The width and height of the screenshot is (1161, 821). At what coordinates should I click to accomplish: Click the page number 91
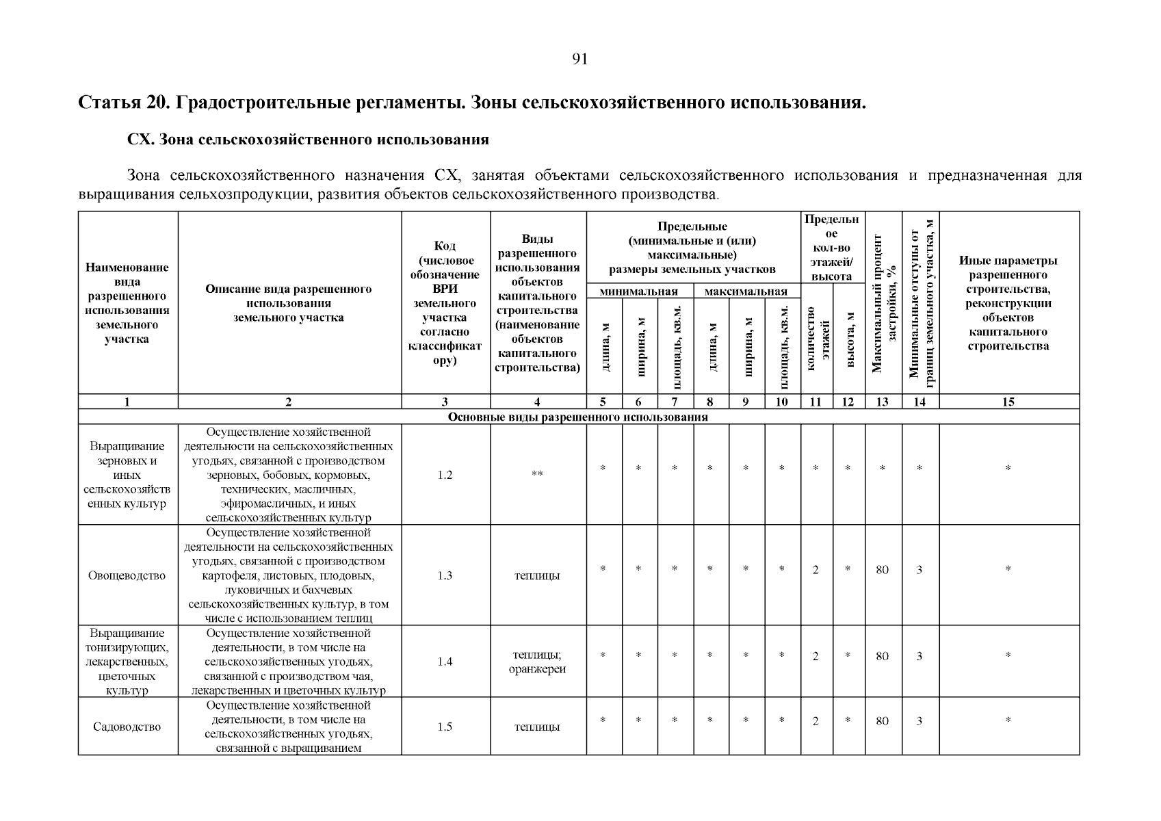[x=579, y=60]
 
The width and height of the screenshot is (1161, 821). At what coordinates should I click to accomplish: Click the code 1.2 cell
[x=445, y=475]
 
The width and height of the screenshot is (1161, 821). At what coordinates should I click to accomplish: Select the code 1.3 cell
[x=445, y=575]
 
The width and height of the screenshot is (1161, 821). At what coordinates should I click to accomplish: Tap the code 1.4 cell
[x=445, y=662]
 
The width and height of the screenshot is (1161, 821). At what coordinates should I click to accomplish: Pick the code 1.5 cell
[x=445, y=727]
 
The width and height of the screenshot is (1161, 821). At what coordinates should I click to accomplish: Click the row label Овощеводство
[x=127, y=575]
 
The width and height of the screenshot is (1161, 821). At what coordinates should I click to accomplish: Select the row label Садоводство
[x=127, y=727]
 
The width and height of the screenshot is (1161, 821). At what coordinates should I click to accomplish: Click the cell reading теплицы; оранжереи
[x=537, y=662]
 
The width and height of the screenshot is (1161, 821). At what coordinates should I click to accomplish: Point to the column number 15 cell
[x=1008, y=402]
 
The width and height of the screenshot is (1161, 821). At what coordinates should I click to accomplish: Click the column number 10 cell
[x=782, y=402]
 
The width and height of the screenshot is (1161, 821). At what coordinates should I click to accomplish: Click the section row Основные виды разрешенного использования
[x=578, y=417]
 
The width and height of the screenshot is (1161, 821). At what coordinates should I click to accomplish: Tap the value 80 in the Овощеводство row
[x=882, y=569]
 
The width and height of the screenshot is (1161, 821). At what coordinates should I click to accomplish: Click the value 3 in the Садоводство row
[x=919, y=720]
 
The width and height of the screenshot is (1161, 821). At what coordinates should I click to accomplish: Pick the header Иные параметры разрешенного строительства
[x=1008, y=302]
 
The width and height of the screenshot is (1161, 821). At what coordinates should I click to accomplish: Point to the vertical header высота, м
[x=849, y=339]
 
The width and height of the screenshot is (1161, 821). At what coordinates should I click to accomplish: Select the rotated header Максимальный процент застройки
[x=883, y=304]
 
